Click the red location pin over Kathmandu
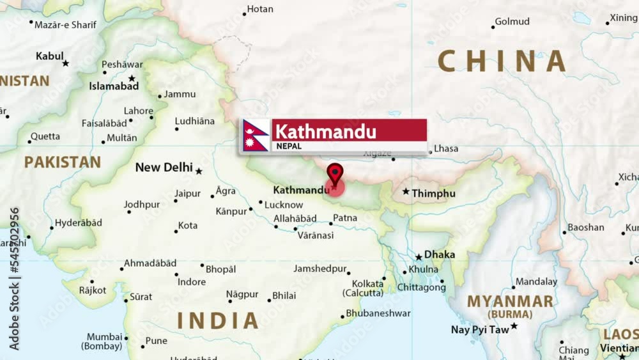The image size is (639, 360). (335, 174)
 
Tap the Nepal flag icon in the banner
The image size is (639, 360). (256, 136)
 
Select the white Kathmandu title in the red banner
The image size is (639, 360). (326, 131)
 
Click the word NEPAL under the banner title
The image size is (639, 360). (289, 146)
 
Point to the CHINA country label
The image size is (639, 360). (502, 61)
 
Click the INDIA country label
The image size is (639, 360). (218, 320)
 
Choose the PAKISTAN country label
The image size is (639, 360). (63, 162)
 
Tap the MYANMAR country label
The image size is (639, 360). (510, 302)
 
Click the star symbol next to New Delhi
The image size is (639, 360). (199, 171)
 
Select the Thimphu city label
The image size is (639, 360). (433, 193)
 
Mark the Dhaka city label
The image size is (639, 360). (440, 254)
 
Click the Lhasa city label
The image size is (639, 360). (446, 148)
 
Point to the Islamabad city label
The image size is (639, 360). (114, 86)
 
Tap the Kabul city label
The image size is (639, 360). (50, 56)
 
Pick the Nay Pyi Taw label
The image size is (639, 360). (480, 330)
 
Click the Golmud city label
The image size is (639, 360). (512, 22)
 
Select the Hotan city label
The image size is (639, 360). (260, 9)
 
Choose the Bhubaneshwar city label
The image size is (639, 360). (378, 313)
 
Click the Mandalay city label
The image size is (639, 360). (537, 281)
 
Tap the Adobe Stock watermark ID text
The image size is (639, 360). (14, 278)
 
